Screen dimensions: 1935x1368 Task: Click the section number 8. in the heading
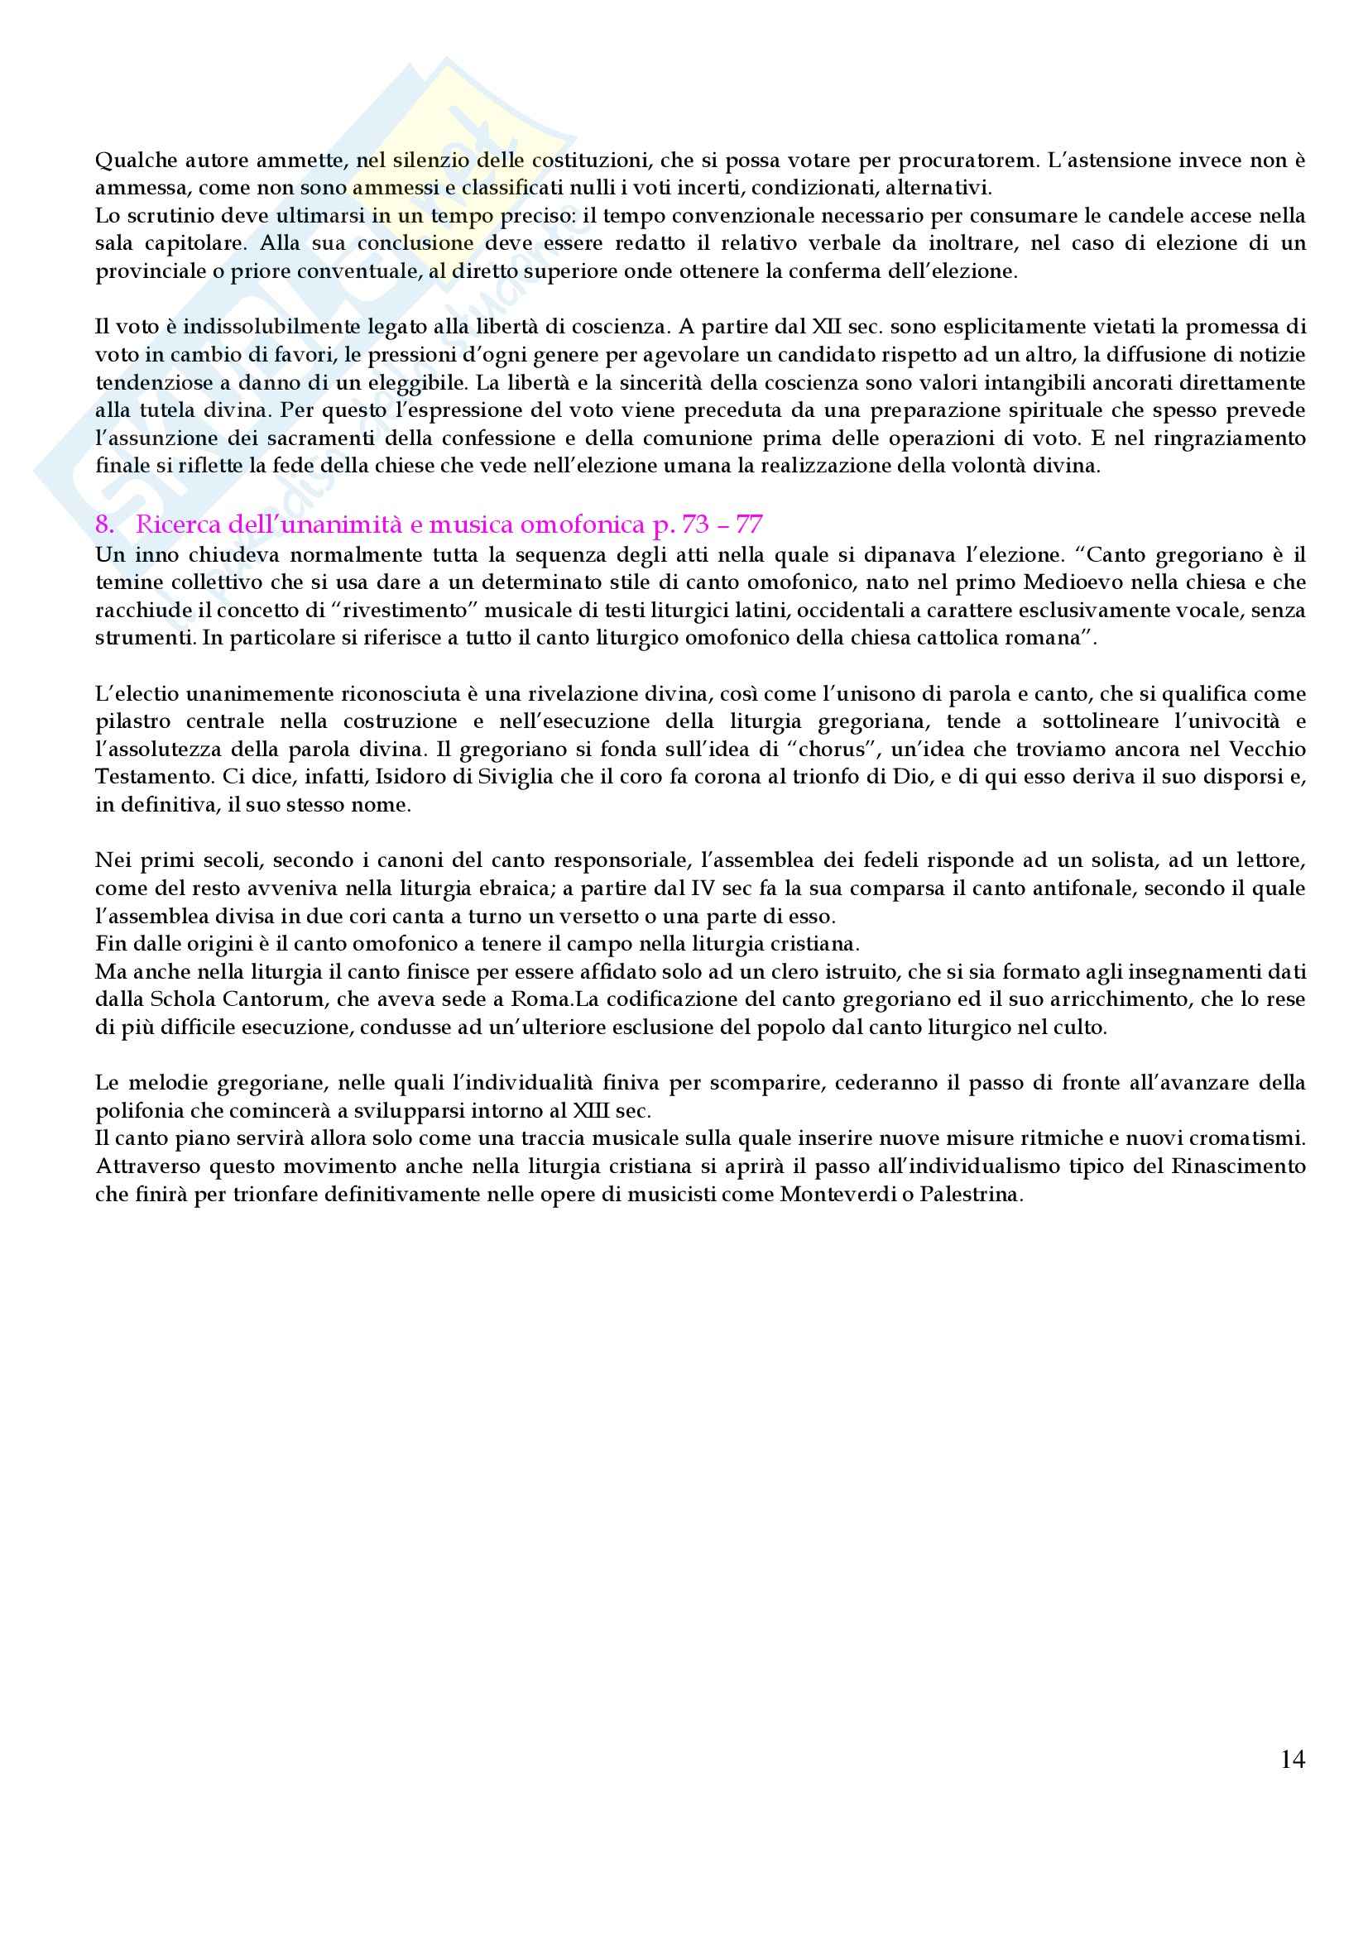point(104,525)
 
